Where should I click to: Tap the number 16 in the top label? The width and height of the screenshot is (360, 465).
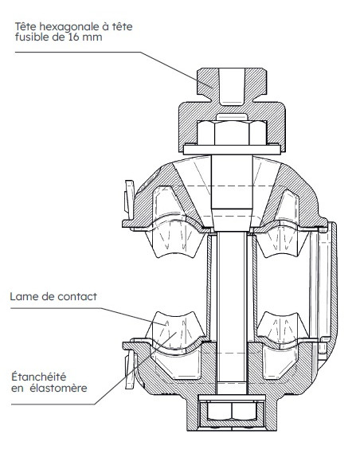[x=73, y=37]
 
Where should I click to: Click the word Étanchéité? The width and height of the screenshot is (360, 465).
[x=38, y=377]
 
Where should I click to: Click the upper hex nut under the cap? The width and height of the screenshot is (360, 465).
[x=232, y=132]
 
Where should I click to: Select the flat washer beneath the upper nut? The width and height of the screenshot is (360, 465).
[x=232, y=149]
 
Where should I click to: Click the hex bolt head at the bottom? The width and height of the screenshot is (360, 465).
[x=232, y=411]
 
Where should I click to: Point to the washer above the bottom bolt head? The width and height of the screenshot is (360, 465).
[x=232, y=397]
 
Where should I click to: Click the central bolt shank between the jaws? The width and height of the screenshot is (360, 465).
[x=232, y=311]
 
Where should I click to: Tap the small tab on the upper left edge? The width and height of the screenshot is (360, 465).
[x=129, y=197]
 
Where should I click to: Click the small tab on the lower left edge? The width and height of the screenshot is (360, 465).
[x=130, y=369]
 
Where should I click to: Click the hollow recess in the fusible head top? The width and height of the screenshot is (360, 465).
[x=232, y=87]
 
